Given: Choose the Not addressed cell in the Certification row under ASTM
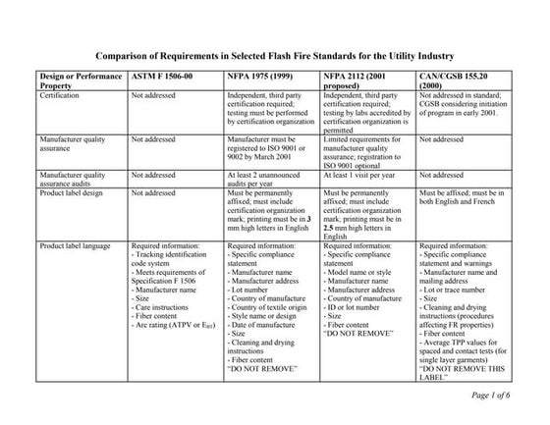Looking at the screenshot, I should [x=153, y=97].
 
